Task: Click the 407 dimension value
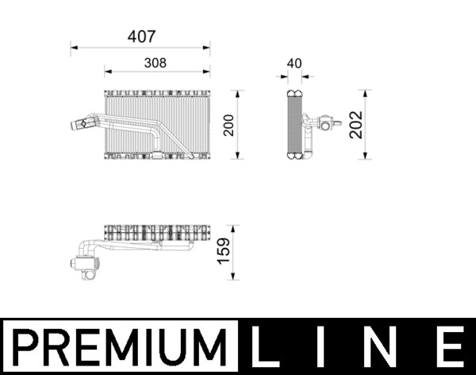[x=142, y=37]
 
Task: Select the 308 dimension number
[x=155, y=64]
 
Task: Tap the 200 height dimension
[x=229, y=125]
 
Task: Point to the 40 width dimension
[x=294, y=64]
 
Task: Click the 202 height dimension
[x=356, y=125]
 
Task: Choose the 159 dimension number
[x=224, y=251]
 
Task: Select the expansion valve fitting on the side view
[x=325, y=124]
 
